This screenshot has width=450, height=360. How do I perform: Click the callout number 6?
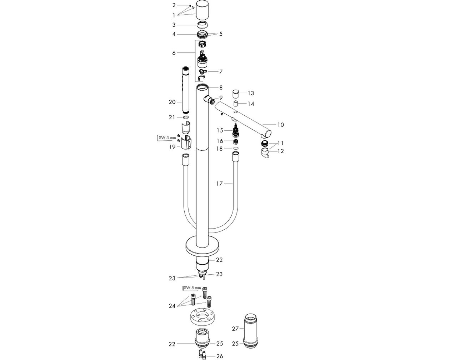[174, 53]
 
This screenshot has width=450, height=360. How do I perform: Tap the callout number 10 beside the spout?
[281, 125]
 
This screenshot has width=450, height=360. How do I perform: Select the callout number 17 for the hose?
[220, 184]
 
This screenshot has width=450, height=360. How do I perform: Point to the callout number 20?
[172, 102]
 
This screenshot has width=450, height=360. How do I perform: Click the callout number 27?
[235, 329]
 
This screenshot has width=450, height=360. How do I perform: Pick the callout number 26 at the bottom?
[220, 356]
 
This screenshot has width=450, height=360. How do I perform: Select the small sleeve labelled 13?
[236, 94]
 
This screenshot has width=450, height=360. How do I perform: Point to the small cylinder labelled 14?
[236, 104]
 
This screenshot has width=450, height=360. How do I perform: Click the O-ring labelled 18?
[236, 148]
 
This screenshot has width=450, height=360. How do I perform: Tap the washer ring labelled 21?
[186, 117]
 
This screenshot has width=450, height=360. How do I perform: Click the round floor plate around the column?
[202, 247]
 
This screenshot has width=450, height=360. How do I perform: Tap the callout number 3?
[174, 25]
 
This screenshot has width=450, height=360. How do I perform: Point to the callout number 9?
[221, 98]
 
